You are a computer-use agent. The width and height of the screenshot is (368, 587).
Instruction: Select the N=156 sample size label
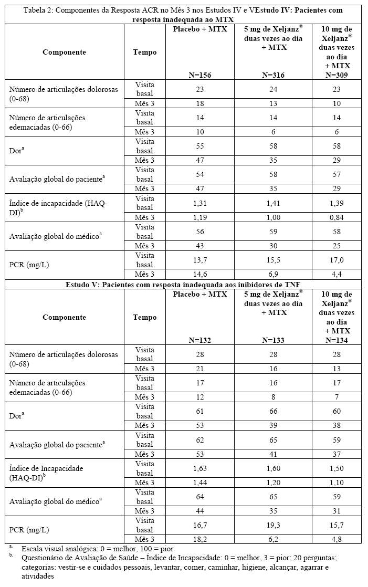[200, 75]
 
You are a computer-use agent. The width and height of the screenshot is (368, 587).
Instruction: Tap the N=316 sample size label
[273, 75]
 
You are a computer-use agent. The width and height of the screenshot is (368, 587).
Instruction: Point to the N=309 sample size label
[338, 75]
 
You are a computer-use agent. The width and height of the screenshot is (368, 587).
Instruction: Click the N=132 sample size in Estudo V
[200, 340]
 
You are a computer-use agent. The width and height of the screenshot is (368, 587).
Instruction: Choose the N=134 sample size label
[338, 340]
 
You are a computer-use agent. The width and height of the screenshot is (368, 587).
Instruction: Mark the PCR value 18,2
[200, 539]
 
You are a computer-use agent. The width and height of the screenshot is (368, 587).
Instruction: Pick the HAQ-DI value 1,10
[338, 482]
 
